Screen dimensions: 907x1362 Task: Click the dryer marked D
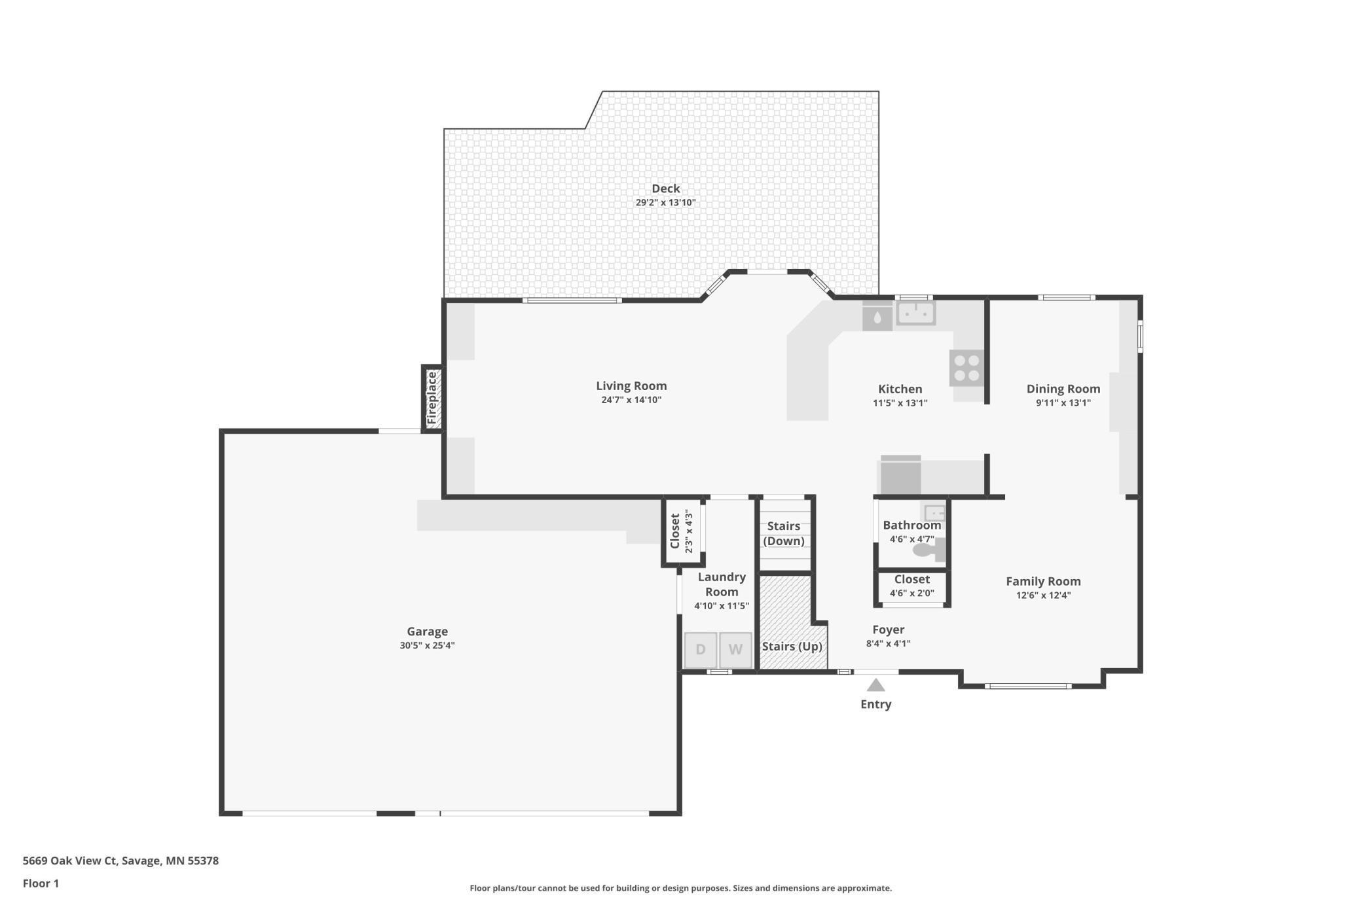click(x=700, y=650)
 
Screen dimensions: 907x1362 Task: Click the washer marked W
click(x=735, y=650)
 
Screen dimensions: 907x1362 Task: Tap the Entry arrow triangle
click(x=875, y=685)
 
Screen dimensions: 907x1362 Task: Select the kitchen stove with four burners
click(x=966, y=368)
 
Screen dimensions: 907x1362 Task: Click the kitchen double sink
click(x=915, y=313)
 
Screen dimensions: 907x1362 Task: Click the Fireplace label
click(x=432, y=399)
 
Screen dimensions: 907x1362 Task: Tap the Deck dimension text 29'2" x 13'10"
click(x=665, y=203)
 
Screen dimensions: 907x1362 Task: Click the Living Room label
click(x=631, y=386)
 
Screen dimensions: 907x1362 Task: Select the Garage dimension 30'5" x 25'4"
click(x=427, y=646)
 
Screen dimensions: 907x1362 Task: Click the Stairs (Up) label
click(x=792, y=647)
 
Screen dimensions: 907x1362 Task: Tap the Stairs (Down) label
click(x=784, y=533)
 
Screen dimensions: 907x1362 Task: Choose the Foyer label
click(x=888, y=630)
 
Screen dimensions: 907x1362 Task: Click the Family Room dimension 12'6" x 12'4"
click(x=1043, y=596)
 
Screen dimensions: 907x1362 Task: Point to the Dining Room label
click(x=1063, y=389)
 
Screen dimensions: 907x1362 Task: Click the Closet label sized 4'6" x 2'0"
click(x=911, y=580)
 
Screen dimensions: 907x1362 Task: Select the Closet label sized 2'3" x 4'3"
click(x=675, y=531)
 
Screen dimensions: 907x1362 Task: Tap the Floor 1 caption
click(x=41, y=883)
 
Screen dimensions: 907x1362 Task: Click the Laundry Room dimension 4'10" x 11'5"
click(x=721, y=606)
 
